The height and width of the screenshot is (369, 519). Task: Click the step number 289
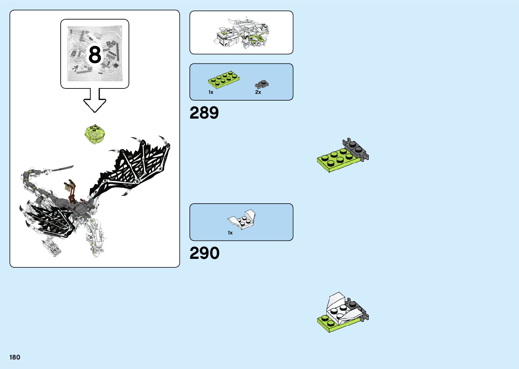coord(204,113)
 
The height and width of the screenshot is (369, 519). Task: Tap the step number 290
coord(204,253)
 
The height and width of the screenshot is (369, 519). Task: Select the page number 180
coord(15,357)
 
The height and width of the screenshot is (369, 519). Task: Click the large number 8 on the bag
coord(95,55)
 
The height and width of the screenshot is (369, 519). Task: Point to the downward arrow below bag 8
coord(95,100)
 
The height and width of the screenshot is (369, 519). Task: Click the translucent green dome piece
coord(95,135)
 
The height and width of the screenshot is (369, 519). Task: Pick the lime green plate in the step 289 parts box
coord(224,80)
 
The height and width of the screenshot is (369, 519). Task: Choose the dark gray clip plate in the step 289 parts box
coord(262,84)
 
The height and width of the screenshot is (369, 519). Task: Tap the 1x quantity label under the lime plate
coord(211,92)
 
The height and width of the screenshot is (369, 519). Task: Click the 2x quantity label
coord(258,92)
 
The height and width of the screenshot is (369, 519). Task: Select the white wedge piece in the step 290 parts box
coord(242,219)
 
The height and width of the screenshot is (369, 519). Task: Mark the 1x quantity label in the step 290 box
coord(230,233)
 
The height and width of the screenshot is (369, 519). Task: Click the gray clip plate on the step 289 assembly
coord(356,149)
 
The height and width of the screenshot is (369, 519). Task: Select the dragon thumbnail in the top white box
coord(241,33)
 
